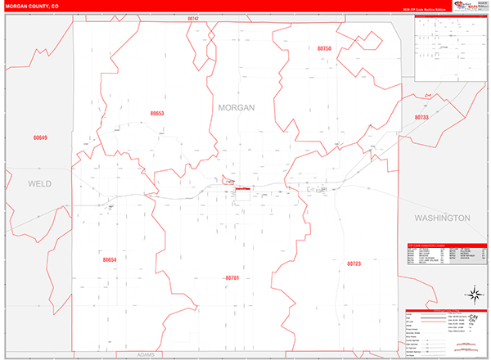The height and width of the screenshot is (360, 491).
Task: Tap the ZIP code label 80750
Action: click(x=324, y=49)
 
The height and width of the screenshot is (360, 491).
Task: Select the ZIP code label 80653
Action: click(x=157, y=114)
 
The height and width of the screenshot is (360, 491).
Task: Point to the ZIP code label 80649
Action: click(x=40, y=137)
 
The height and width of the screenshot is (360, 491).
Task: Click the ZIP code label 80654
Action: click(x=110, y=259)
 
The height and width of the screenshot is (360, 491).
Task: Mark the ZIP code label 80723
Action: click(x=354, y=264)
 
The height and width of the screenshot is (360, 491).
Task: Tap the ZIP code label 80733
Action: click(x=421, y=118)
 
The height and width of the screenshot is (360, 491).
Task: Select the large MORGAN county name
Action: click(x=236, y=107)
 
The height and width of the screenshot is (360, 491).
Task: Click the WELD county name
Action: click(x=39, y=184)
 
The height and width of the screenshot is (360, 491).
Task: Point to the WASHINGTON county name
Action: click(x=442, y=218)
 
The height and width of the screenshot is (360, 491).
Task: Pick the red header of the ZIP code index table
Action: click(x=446, y=244)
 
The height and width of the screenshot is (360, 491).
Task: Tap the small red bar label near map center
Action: click(x=243, y=188)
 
